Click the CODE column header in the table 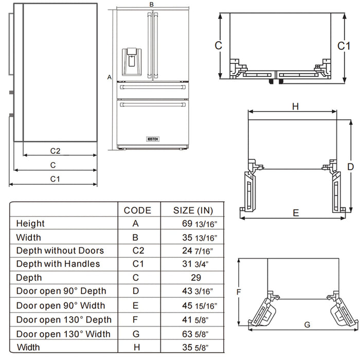(137, 210)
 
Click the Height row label (30, 224)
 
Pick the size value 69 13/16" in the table (196, 224)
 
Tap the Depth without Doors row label (60, 251)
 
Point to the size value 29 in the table (195, 278)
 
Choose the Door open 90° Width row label (61, 306)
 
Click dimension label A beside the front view (109, 77)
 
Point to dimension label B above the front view (151, 4)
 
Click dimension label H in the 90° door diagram (295, 106)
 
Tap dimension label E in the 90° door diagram (296, 212)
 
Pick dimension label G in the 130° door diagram (307, 325)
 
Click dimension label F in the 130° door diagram (238, 292)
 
